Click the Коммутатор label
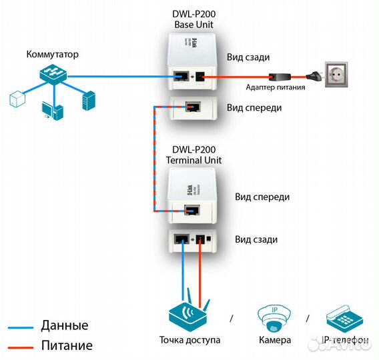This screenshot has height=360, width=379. pos(53,54)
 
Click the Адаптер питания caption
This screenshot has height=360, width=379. pos(276,87)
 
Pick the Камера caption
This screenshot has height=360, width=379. pos(274,340)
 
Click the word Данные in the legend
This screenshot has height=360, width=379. pos(65,326)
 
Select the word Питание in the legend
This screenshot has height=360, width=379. pos(67,345)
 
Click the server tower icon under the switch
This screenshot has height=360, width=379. pos(88,101)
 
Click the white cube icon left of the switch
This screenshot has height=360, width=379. pos(17,99)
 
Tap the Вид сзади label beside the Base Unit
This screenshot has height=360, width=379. pos(248,58)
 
